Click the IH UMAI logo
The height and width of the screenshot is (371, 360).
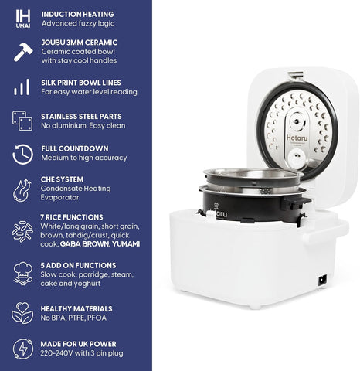23,19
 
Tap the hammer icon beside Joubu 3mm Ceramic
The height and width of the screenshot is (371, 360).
23,52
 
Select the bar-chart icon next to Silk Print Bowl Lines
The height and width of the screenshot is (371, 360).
22,87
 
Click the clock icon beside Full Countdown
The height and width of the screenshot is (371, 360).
23,155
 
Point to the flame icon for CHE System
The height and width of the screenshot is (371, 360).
22,190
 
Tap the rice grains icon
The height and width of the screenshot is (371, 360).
22,231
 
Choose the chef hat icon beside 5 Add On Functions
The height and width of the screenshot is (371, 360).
23,274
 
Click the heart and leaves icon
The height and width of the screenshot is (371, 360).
22,313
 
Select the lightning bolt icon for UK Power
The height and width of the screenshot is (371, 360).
23,349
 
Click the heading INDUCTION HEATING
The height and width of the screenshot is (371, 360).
77,14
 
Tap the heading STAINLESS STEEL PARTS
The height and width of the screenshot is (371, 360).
81,117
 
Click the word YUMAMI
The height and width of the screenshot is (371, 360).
126,244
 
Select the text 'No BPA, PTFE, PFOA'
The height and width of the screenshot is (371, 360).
73,318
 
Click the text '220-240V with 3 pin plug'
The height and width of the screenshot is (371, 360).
82,353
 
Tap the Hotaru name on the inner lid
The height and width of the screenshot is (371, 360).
297,138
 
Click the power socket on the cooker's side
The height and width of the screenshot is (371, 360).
323,280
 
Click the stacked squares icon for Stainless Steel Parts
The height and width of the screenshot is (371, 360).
22,121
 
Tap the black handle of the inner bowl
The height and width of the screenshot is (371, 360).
295,203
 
